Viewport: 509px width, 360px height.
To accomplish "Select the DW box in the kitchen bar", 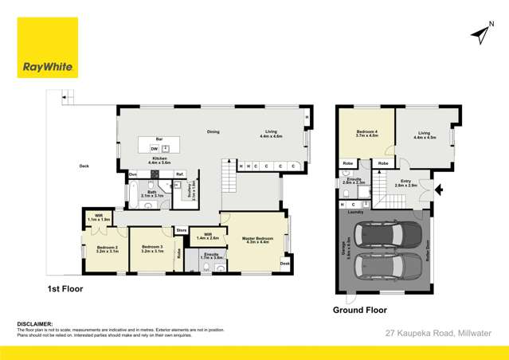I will click(154, 148).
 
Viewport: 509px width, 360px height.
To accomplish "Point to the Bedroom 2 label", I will click(108, 248).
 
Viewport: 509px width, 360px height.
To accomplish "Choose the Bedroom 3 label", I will click(152, 248).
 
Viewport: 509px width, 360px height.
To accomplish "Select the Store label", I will click(182, 231).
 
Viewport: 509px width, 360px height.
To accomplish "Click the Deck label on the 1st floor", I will click(84, 166).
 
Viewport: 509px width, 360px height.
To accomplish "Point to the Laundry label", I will click(356, 212).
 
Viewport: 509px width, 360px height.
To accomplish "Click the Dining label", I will click(213, 131).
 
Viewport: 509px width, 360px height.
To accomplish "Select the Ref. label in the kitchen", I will click(180, 174).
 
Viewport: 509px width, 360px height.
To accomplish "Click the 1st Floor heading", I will click(65, 288).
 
